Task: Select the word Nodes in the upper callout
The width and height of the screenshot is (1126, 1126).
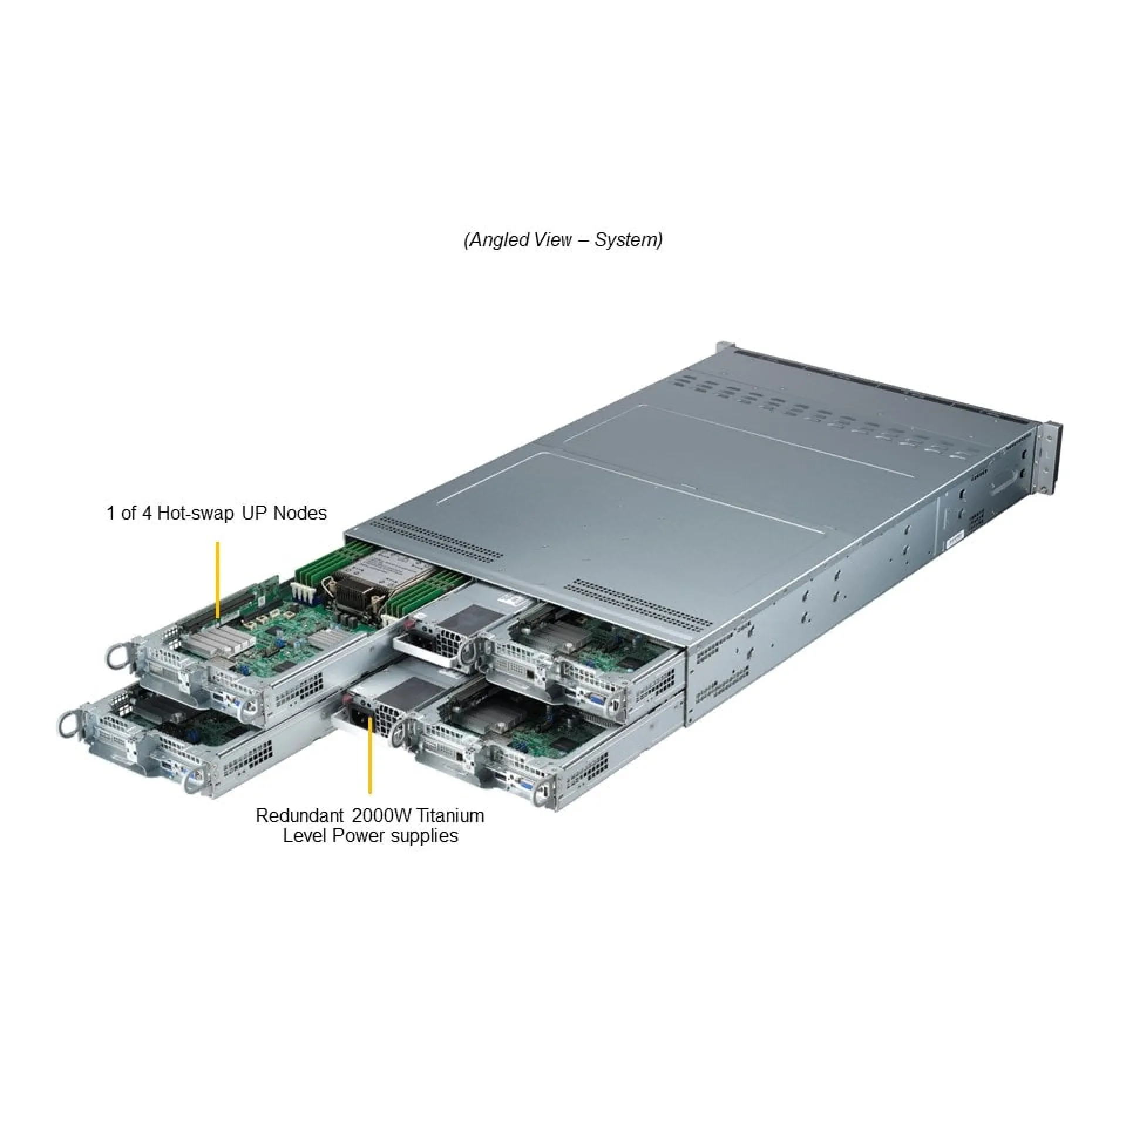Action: (300, 513)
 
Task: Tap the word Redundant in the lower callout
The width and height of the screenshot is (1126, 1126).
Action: (299, 816)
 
